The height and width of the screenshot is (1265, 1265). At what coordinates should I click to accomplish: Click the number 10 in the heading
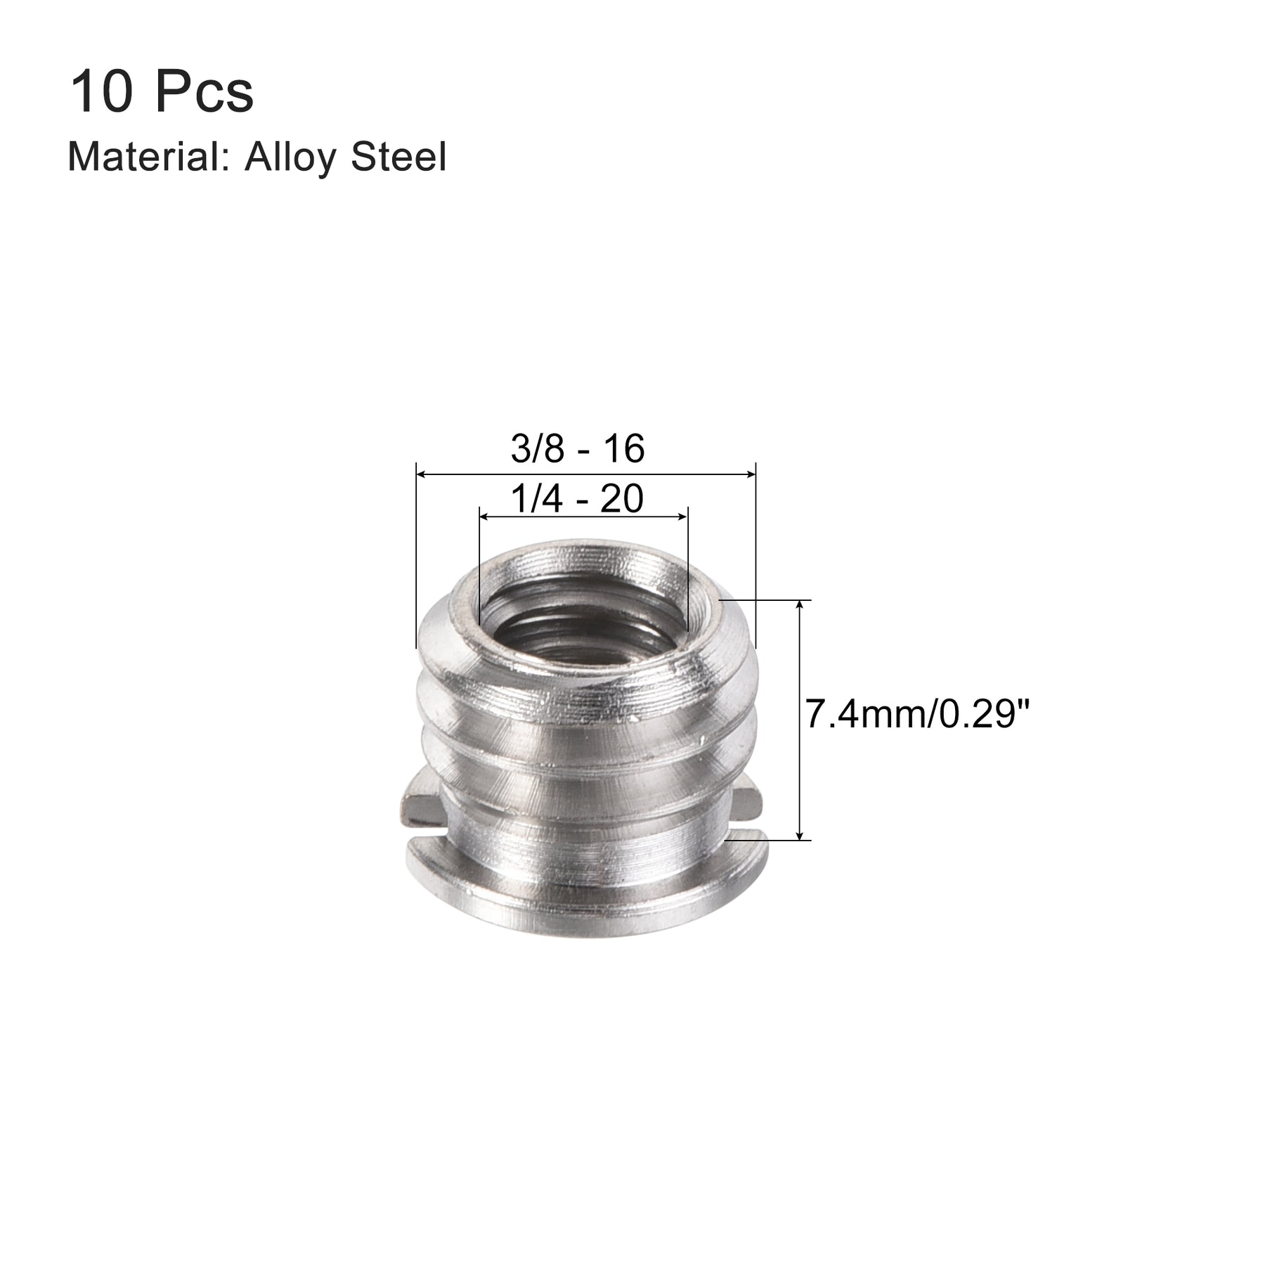click(x=100, y=93)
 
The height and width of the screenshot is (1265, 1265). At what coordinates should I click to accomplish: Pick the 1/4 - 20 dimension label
click(x=577, y=500)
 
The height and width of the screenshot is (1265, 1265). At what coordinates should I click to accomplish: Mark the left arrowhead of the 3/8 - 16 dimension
click(x=422, y=476)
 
